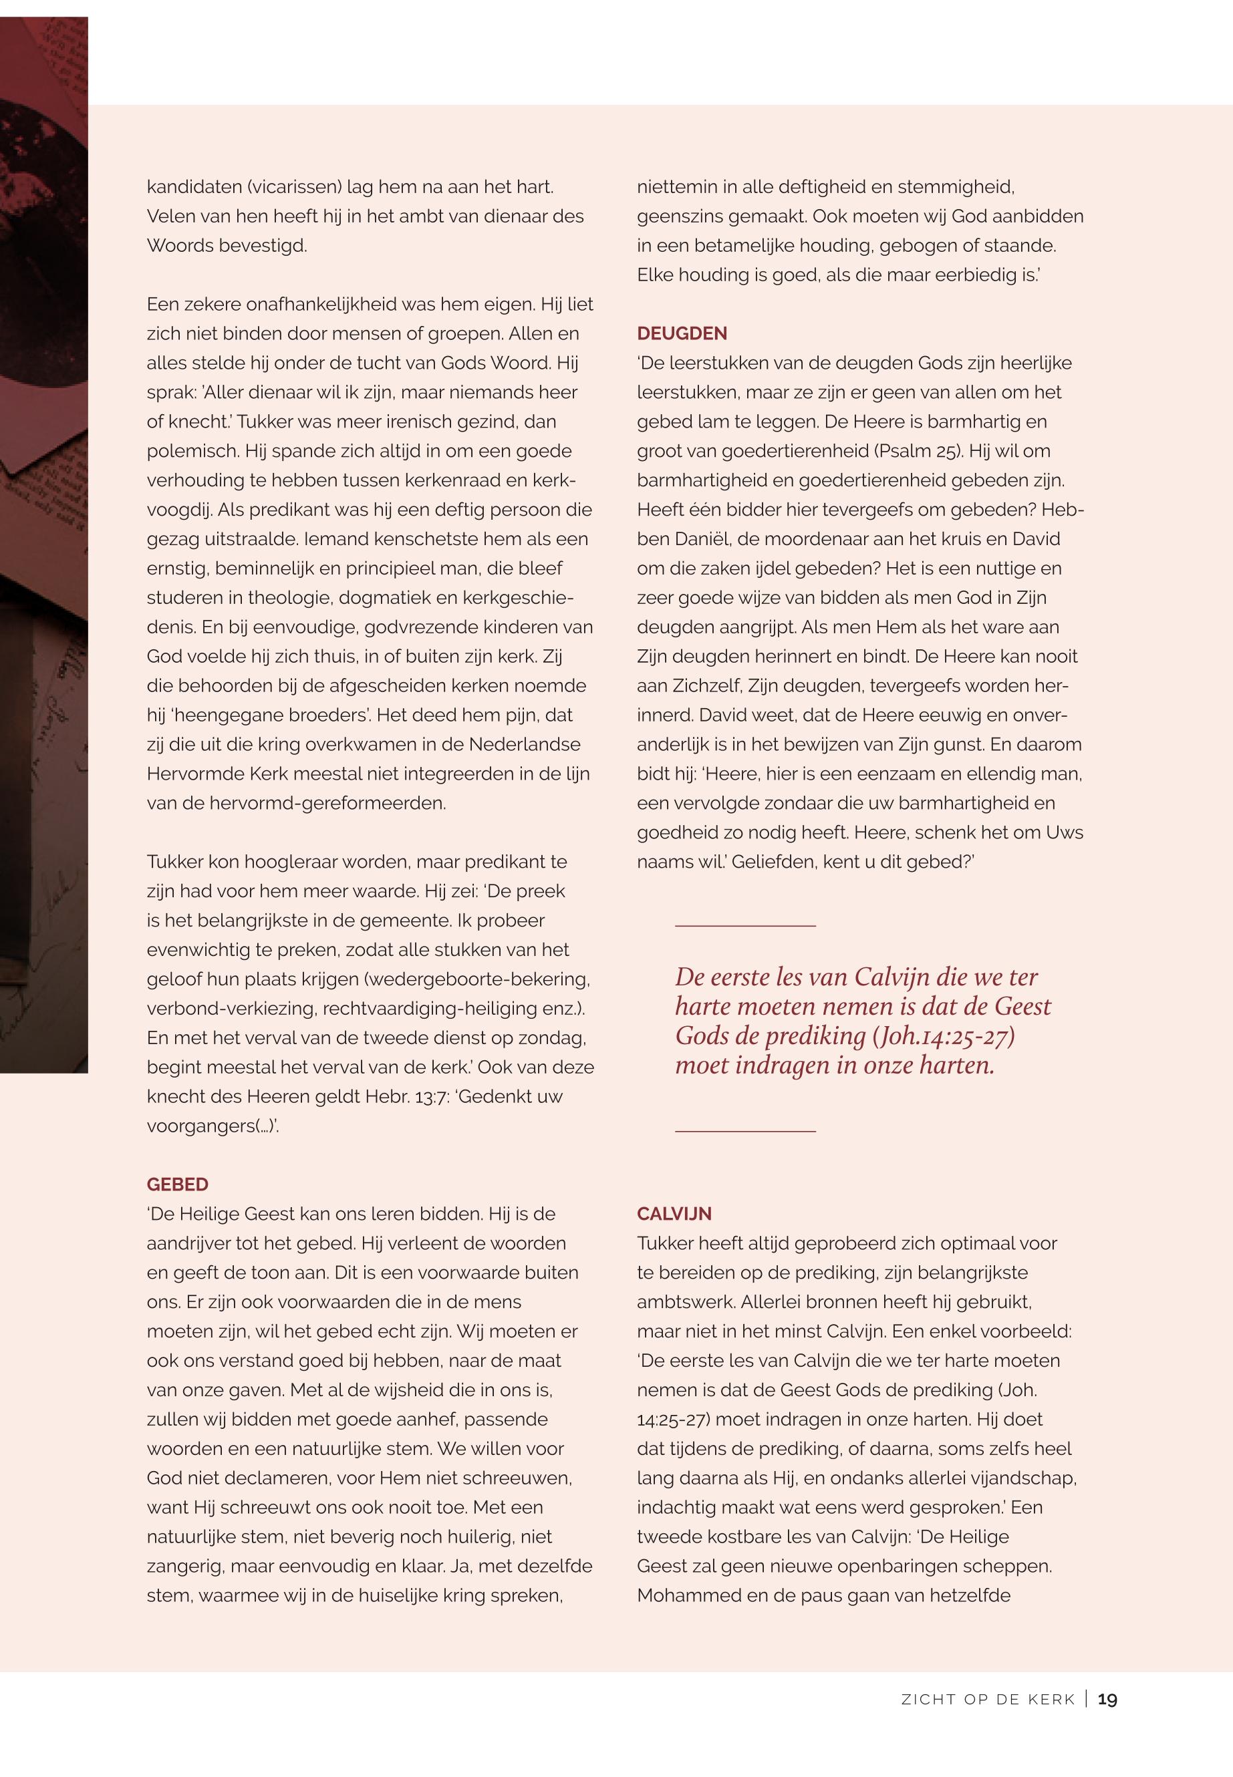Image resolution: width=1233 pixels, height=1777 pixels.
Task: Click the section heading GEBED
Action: pyautogui.click(x=177, y=1184)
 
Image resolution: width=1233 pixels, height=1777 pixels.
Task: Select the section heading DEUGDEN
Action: pyautogui.click(x=682, y=333)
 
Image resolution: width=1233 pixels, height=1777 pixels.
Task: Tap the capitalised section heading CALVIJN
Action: pyautogui.click(x=674, y=1214)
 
